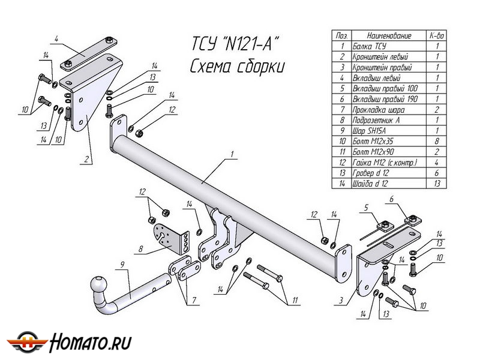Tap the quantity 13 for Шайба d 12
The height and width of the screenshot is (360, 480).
[x=437, y=183]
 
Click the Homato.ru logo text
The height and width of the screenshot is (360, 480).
[x=91, y=343]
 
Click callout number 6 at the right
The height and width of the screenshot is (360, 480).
[x=391, y=199]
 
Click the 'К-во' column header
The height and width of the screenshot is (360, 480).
[x=437, y=35]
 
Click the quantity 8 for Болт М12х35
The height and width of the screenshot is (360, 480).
[x=437, y=141]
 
